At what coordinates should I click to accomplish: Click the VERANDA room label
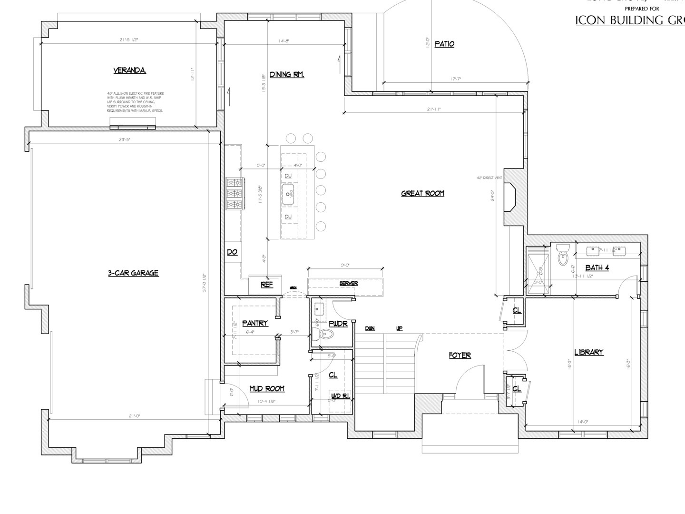[129, 70]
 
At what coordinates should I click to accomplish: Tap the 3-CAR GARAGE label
[133, 273]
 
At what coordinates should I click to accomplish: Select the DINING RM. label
[287, 75]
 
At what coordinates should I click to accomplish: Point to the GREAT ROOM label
[422, 193]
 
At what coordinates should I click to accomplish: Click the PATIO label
[444, 44]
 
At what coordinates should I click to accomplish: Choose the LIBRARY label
[588, 353]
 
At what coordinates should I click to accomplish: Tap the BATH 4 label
[597, 268]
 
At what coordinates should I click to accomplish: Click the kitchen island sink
[288, 194]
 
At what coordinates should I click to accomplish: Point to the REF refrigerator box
[266, 285]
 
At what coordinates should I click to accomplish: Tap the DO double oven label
[232, 252]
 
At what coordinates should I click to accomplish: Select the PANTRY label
[255, 323]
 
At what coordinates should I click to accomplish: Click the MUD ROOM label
[267, 389]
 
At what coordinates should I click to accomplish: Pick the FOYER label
[460, 356]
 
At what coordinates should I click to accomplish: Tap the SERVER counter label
[348, 284]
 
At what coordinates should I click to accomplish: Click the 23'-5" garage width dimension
[125, 139]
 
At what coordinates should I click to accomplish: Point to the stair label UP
[399, 328]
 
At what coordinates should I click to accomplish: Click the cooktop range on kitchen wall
[235, 194]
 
